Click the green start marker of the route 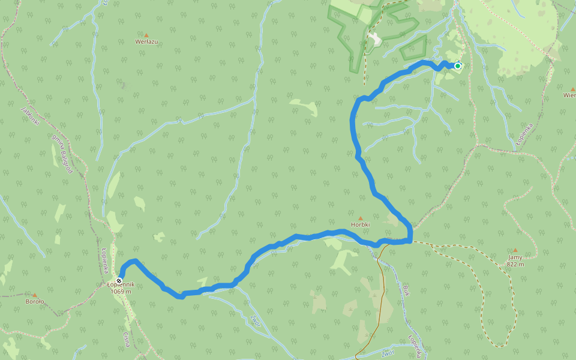[x=458, y=66]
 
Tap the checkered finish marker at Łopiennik [x=120, y=281]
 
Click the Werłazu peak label [x=146, y=42]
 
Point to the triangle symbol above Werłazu [x=146, y=35]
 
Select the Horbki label [x=361, y=225]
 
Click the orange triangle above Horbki [x=361, y=218]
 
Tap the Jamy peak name [x=515, y=257]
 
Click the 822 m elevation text [x=515, y=264]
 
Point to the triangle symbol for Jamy [x=515, y=250]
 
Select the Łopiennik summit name [x=121, y=284]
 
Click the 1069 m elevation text [x=121, y=292]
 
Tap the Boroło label [x=35, y=302]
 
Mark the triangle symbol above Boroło [x=35, y=295]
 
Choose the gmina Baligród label [x=62, y=154]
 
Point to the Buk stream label [x=407, y=291]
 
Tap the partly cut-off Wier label [x=569, y=95]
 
